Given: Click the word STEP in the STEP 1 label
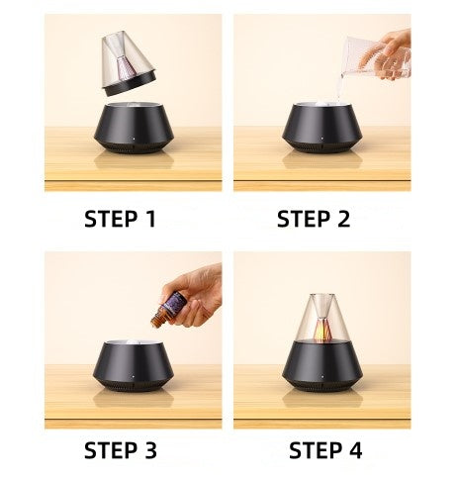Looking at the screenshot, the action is [x=111, y=219].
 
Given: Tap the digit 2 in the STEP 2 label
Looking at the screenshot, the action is [x=342, y=219].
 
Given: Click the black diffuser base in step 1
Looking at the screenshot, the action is [x=134, y=128].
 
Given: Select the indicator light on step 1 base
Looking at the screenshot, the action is [x=134, y=139].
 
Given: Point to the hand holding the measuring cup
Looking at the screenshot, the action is [x=386, y=52].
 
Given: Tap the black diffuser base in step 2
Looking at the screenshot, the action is [x=322, y=128].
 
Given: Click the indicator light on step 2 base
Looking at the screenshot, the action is [x=322, y=139].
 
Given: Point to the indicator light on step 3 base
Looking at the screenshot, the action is [x=133, y=376].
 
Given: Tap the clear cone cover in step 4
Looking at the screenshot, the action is [x=322, y=318].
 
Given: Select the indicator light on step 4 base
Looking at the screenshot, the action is [x=322, y=376].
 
